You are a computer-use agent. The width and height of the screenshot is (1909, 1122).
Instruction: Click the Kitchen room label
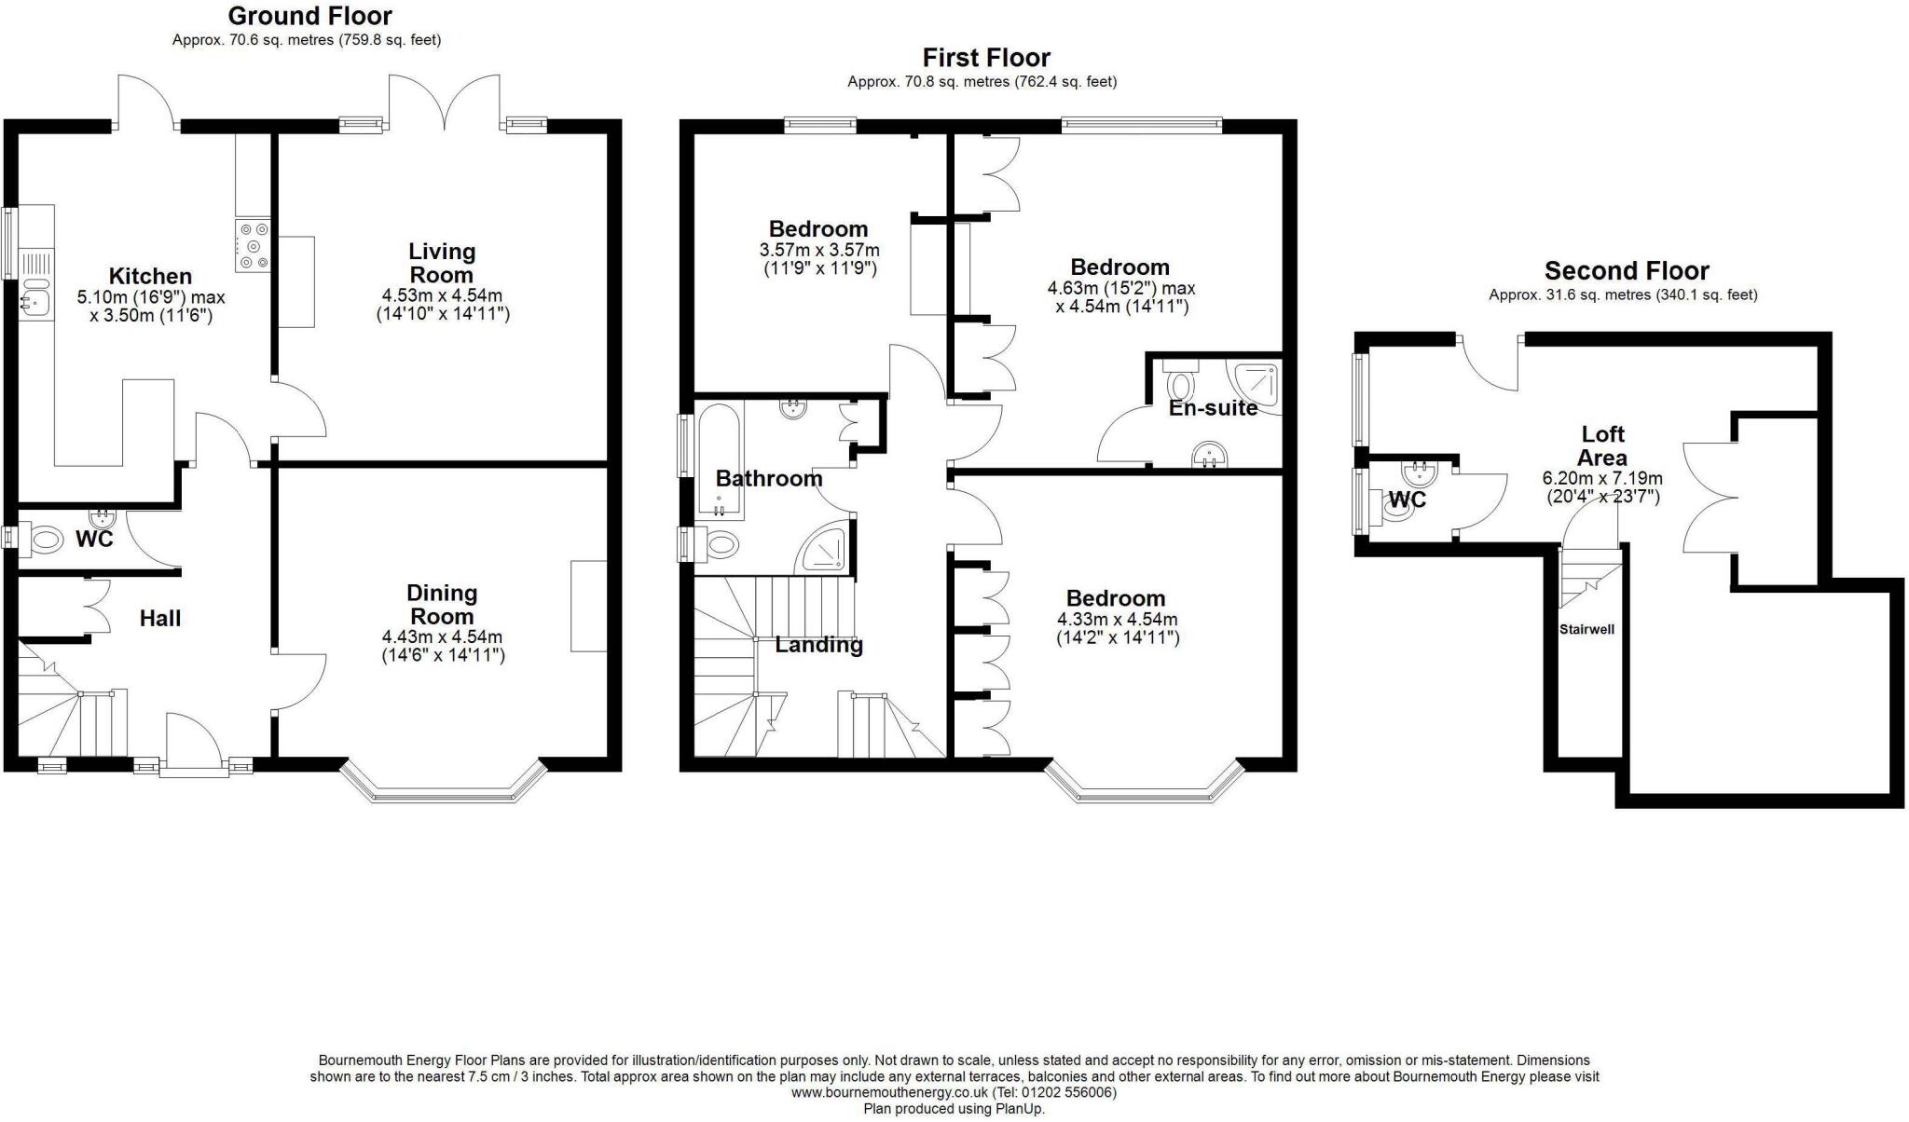[x=150, y=276]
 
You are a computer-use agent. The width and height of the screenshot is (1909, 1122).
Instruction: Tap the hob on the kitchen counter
[x=254, y=245]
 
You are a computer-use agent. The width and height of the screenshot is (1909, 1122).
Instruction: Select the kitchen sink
[x=34, y=300]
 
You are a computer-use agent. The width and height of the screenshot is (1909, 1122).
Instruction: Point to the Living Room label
[x=442, y=263]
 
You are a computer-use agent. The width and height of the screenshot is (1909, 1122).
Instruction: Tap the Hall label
[x=160, y=618]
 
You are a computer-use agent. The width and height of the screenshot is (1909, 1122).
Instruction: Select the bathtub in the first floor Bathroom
[x=719, y=462]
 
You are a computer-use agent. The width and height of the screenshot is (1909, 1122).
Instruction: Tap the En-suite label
[x=1213, y=407]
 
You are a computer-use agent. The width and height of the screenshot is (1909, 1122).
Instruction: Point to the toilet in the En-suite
[x=1181, y=383]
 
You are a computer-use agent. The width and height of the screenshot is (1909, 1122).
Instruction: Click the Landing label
[x=818, y=645]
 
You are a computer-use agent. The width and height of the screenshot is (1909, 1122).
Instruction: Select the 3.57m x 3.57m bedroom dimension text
[x=819, y=251]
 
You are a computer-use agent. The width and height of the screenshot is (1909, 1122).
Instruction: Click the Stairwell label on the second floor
[x=1586, y=629]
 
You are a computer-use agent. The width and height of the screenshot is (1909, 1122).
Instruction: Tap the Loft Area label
[x=1602, y=445]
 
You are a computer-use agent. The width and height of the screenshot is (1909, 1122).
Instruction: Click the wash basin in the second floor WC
[x=1421, y=471]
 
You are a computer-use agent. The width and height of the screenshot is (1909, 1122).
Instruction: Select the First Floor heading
[x=986, y=58]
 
